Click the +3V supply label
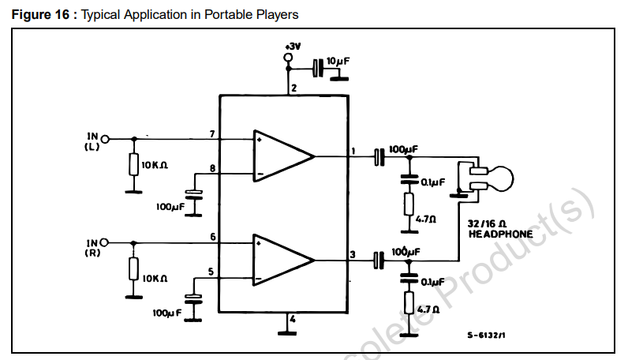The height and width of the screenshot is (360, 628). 292,47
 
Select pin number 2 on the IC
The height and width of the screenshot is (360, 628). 293,88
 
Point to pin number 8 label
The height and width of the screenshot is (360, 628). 212,168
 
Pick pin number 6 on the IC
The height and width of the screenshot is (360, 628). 212,237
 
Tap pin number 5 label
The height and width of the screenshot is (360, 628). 210,272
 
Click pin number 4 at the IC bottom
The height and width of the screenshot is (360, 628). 292,320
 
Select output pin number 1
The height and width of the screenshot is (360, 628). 353,150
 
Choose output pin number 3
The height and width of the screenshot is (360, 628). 353,253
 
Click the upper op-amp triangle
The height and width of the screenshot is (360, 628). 280,156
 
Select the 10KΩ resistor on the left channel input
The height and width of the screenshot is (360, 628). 133,164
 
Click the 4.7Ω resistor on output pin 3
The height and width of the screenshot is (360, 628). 409,303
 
